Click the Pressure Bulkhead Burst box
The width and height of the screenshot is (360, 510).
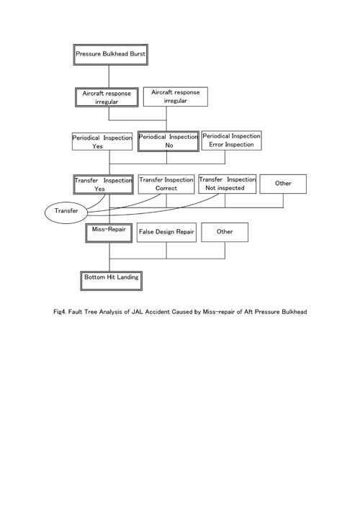(x=111, y=55)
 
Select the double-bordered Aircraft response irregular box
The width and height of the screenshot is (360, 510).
(x=107, y=97)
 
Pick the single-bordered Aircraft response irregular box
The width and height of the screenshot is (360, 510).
(x=176, y=97)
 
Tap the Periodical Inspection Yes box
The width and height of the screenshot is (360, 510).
(x=102, y=141)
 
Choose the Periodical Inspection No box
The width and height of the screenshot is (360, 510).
(x=168, y=141)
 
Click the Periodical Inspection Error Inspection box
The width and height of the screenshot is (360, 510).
(x=232, y=140)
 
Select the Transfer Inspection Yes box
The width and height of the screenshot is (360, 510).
(x=104, y=184)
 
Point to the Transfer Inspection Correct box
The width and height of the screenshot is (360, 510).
(x=166, y=184)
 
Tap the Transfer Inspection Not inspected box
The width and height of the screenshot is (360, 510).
(x=228, y=184)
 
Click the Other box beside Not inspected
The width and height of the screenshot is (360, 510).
(x=283, y=184)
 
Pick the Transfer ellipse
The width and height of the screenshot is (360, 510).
(x=66, y=212)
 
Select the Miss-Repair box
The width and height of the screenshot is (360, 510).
(x=109, y=233)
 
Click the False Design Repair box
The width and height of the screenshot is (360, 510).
(x=166, y=232)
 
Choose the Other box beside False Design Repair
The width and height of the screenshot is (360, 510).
(x=225, y=232)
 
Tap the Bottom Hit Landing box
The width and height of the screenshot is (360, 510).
(x=112, y=281)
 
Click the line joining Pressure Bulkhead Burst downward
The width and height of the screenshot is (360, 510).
(x=109, y=76)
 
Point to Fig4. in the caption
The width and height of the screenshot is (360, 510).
(x=60, y=312)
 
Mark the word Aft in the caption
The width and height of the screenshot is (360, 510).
(x=248, y=312)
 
